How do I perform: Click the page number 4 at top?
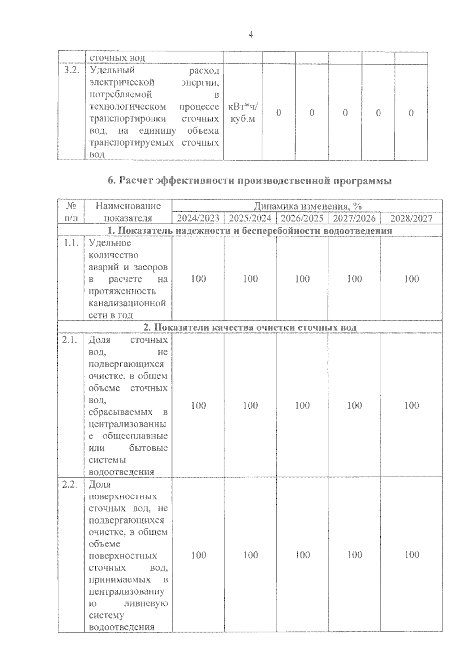tap(250, 35)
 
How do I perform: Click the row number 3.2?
tap(72, 70)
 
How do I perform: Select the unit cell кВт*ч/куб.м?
tap(243, 113)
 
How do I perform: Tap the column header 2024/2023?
tap(198, 218)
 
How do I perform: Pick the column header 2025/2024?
tap(250, 218)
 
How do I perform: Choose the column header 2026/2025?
tap(302, 218)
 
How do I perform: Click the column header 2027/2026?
tap(354, 218)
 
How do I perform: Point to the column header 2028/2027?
tap(411, 218)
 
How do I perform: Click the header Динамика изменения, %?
tap(307, 206)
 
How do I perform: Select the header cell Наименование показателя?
tap(128, 212)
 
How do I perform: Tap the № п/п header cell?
tap(71, 212)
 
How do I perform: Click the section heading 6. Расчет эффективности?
tap(250, 181)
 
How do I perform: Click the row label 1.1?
tap(71, 243)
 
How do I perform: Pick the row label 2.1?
tap(71, 340)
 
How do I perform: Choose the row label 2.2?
tap(71, 484)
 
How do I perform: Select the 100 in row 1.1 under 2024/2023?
tap(198, 279)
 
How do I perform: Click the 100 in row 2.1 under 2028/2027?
tap(411, 405)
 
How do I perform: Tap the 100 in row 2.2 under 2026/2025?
tap(302, 555)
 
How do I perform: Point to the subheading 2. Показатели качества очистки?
tap(250, 328)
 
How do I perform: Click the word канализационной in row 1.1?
tap(127, 304)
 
